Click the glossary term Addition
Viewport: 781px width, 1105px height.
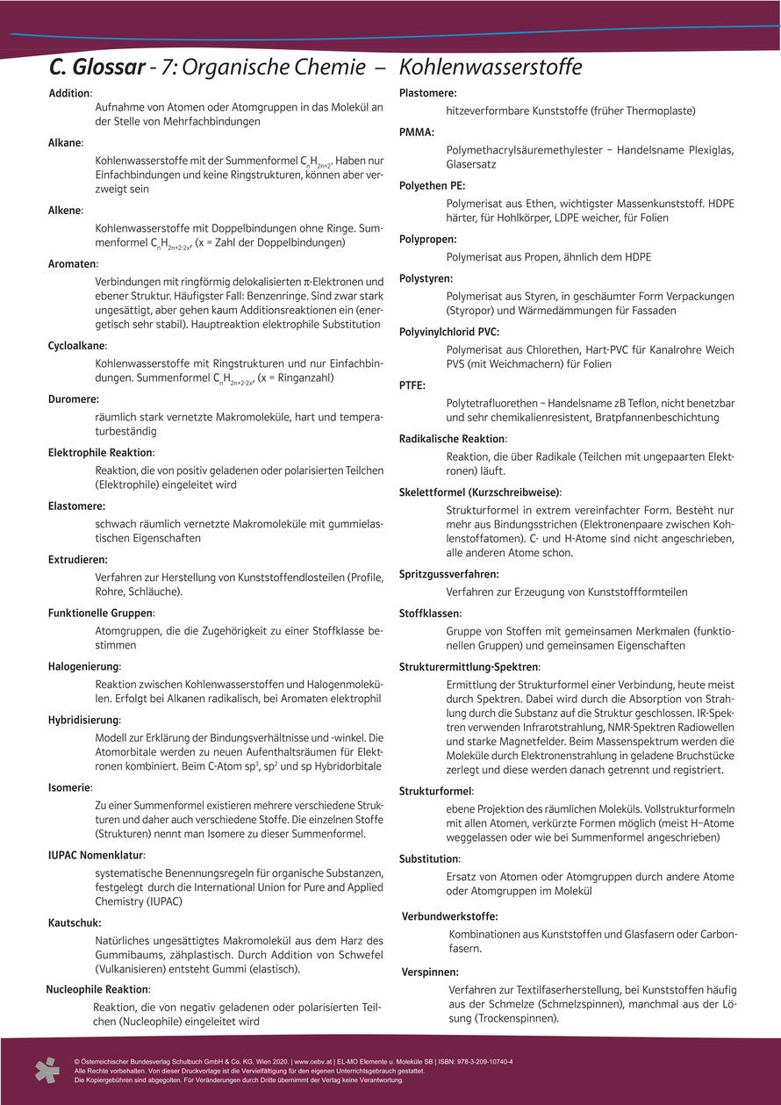click(69, 93)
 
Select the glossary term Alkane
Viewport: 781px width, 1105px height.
click(65, 142)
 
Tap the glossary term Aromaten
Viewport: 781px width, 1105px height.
click(72, 263)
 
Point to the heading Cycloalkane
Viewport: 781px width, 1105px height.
click(77, 346)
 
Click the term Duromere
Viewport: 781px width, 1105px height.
click(73, 398)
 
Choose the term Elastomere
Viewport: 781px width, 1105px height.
click(76, 506)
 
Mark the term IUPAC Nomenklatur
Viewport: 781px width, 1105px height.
click(97, 855)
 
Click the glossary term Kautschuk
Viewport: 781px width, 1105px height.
click(75, 922)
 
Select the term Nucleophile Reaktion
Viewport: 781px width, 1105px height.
click(97, 989)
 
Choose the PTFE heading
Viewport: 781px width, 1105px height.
click(412, 384)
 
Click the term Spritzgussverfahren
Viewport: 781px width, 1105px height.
click(448, 574)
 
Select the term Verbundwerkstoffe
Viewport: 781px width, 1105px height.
click(449, 915)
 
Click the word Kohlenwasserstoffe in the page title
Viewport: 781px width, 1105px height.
click(491, 68)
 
